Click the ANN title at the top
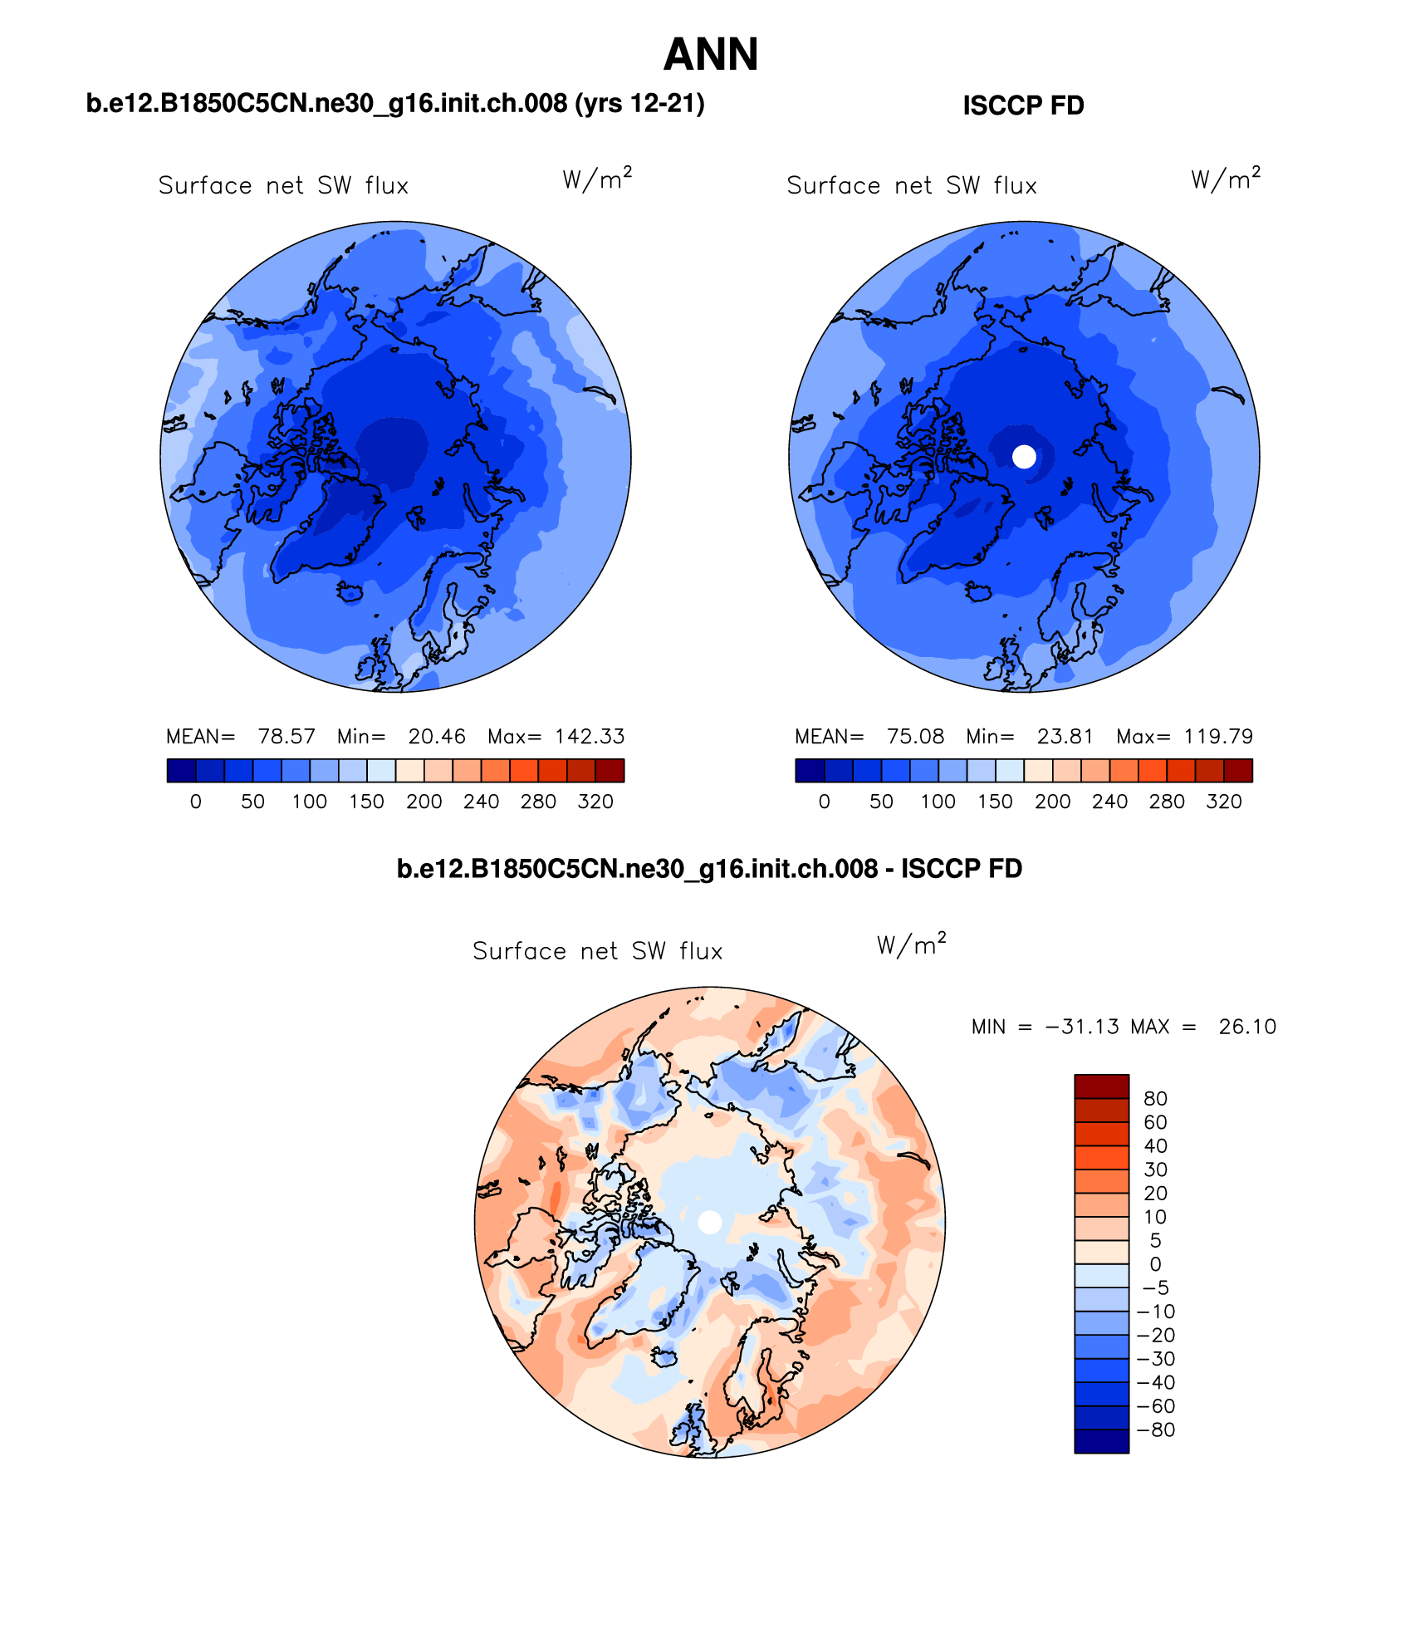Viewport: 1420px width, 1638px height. (711, 55)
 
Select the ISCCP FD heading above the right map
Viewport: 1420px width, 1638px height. (1023, 105)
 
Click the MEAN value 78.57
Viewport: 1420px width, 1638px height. (286, 737)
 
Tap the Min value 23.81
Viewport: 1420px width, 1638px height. (1065, 737)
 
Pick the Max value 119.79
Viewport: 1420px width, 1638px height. (1218, 737)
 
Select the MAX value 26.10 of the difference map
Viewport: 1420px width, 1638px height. (1247, 1027)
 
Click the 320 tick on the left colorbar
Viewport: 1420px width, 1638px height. (595, 802)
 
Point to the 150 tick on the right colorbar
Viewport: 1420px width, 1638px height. (995, 802)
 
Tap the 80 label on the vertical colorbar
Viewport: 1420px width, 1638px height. (1155, 1099)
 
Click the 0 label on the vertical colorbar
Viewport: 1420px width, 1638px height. (1155, 1264)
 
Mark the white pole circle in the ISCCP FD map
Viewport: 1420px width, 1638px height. (1025, 456)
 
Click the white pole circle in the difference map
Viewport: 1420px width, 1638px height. (710, 1222)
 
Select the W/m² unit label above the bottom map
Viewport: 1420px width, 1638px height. (911, 945)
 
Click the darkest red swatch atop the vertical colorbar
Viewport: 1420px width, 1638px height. (1101, 1086)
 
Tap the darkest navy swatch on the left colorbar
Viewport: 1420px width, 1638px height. (181, 771)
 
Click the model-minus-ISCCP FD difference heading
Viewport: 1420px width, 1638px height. (709, 869)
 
